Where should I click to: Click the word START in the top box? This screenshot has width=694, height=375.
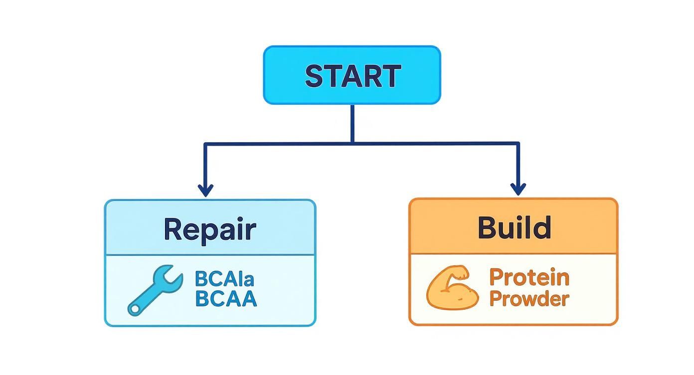pos(352,76)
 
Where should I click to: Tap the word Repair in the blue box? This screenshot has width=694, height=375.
pos(209,229)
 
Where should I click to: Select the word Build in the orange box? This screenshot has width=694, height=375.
pos(514,227)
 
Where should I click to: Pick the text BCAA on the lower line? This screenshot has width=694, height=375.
pos(226,298)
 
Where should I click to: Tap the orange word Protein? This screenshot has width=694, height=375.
pos(528,277)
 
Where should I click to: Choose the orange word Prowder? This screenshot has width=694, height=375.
pos(528,299)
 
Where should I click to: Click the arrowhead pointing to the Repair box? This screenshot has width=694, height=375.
pos(205,190)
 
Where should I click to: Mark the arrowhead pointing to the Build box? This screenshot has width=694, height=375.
pos(518,189)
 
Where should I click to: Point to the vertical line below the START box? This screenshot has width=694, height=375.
pos(352,123)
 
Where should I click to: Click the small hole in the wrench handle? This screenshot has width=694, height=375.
pos(134,310)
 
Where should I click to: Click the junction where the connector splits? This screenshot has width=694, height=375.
pos(352,144)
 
